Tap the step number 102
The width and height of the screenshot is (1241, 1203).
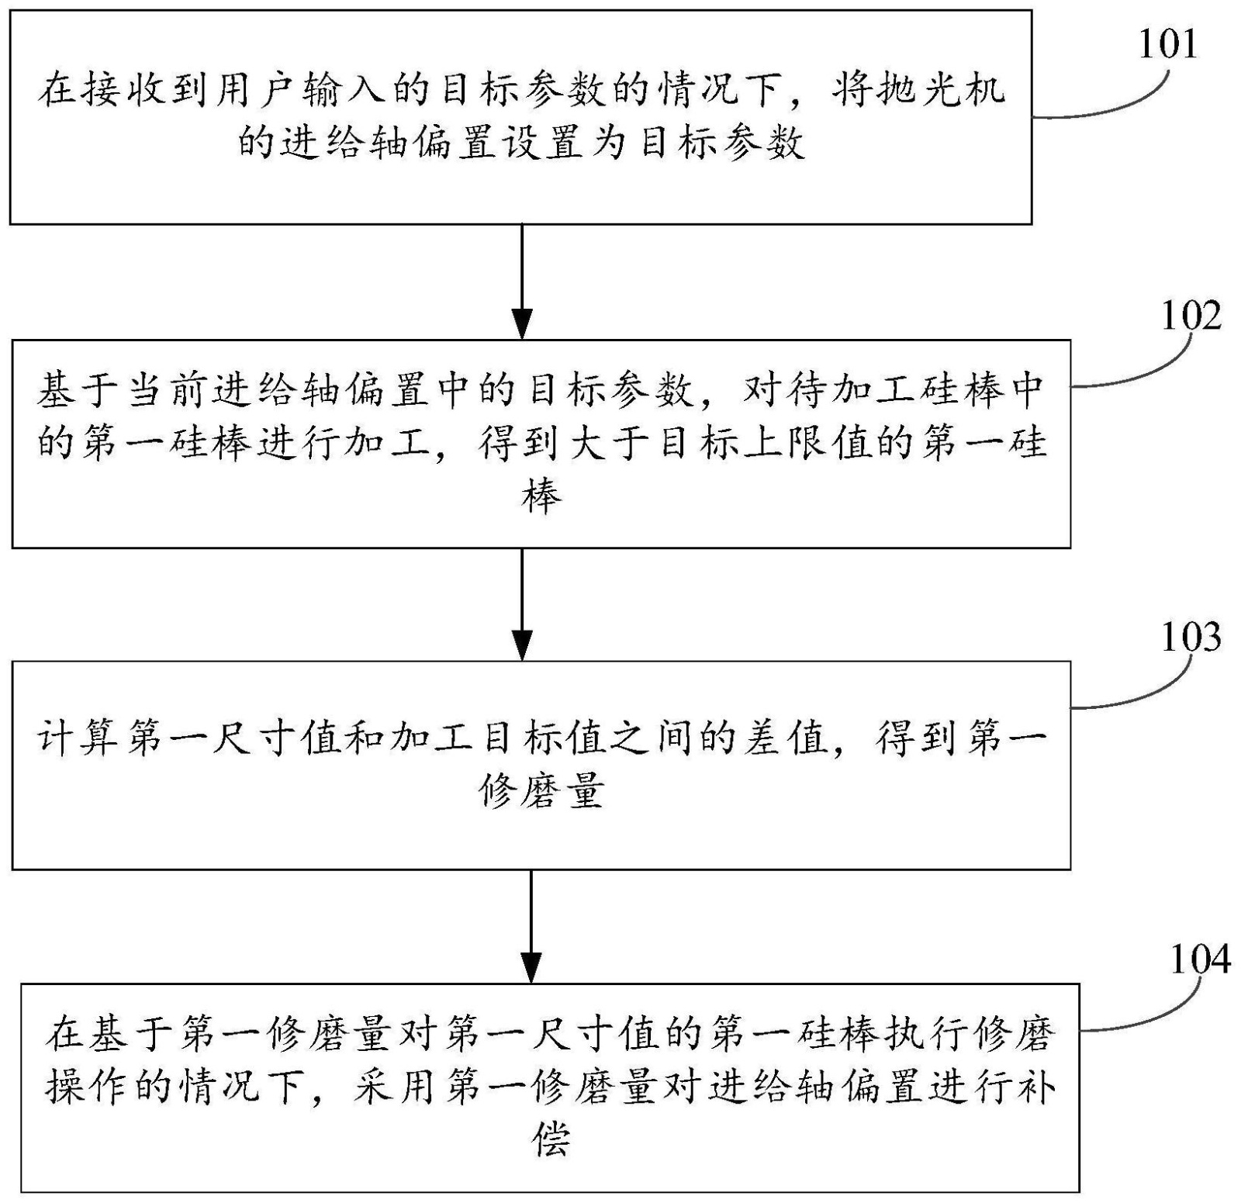click(1191, 316)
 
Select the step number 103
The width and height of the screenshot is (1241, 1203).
click(1191, 637)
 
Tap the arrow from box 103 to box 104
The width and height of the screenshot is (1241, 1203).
click(531, 926)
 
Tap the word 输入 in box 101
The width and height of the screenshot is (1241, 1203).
click(327, 91)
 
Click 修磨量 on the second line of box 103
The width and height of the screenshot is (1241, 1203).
click(541, 791)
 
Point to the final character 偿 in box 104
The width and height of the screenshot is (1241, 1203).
click(551, 1140)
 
